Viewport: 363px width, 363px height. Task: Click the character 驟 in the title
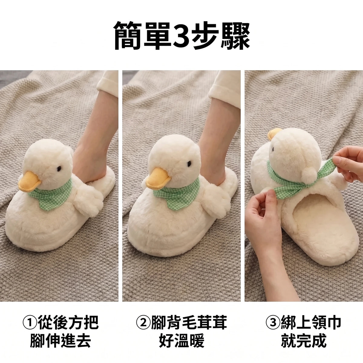click(235, 36)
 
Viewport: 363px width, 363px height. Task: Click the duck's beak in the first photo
click(29, 181)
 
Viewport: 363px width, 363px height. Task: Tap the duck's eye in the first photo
click(59, 168)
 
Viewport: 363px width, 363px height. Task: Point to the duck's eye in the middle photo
click(189, 164)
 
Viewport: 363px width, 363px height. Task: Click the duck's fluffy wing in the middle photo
click(218, 200)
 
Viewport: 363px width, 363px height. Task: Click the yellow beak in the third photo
click(274, 134)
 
